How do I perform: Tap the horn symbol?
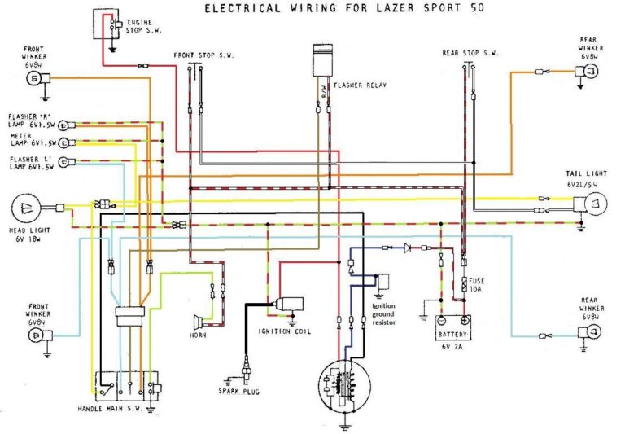pyautogui.click(x=198, y=320)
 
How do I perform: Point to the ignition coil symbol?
pyautogui.click(x=289, y=305)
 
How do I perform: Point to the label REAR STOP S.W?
pyautogui.click(x=470, y=54)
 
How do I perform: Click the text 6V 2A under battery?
pyautogui.click(x=452, y=347)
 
